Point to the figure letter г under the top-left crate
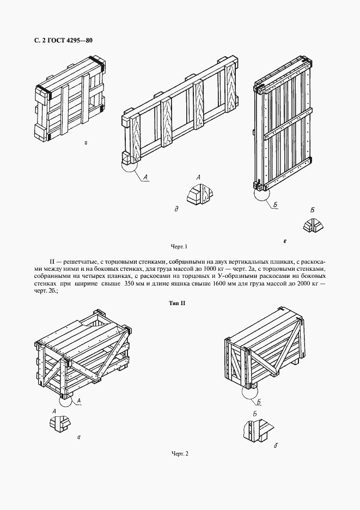coord(87,144)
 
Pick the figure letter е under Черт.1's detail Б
coord(285,240)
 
